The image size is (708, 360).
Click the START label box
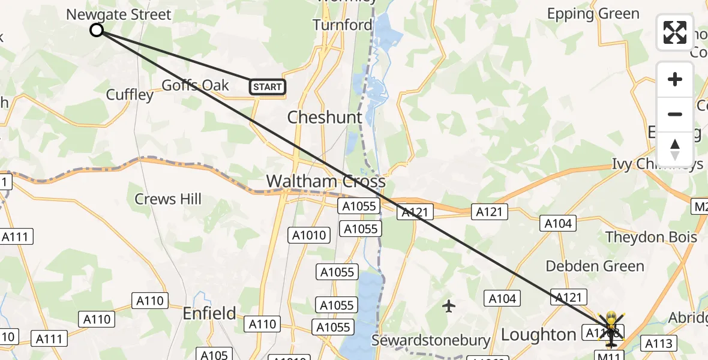[268, 87]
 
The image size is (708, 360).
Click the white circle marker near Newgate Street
[97, 30]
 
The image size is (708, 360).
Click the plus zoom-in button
[675, 79]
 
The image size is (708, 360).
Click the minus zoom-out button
[675, 114]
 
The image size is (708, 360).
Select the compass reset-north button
[675, 149]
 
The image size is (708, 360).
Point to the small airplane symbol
[449, 307]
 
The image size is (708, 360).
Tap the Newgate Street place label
[119, 14]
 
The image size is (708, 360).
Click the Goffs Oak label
[196, 85]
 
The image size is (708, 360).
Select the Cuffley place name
[130, 95]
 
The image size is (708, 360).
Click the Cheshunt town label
[325, 117]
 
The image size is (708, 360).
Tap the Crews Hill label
[168, 199]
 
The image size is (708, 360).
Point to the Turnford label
[342, 25]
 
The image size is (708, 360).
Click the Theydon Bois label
[651, 237]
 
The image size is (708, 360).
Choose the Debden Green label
[595, 266]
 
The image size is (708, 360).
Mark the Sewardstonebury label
[431, 341]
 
